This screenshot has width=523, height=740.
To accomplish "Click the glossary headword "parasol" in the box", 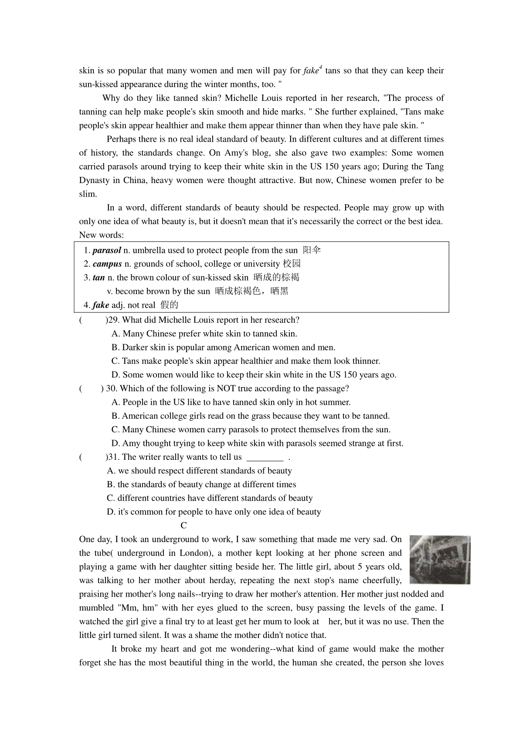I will click(107, 250).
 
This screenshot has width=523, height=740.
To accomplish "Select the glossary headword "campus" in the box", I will click(107, 264).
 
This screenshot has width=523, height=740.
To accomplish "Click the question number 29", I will click(112, 320).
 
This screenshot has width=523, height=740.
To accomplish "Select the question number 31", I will click(112, 457).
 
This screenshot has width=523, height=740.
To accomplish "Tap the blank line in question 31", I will click(265, 458).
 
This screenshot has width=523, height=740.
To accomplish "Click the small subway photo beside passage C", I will click(440, 560).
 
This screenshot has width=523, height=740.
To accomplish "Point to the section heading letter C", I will click(184, 526).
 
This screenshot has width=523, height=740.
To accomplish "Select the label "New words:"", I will click(102, 235).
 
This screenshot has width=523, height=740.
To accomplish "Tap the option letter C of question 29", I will click(115, 361).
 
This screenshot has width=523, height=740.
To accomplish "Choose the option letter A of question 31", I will click(111, 471).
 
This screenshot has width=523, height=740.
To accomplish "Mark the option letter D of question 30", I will click(115, 443).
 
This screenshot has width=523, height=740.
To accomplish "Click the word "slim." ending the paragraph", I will click(88, 194).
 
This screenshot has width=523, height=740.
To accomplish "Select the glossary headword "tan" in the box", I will click(99, 278).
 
